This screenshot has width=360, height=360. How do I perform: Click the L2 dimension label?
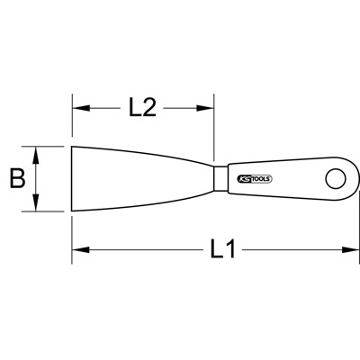141,108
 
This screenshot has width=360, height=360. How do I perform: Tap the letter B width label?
16,178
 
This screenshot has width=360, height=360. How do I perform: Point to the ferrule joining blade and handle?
220,177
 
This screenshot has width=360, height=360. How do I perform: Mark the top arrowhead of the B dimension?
37,152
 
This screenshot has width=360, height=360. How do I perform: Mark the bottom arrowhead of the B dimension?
37,206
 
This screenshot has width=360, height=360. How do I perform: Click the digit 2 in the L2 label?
151,108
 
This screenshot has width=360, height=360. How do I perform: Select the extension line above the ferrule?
214,126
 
